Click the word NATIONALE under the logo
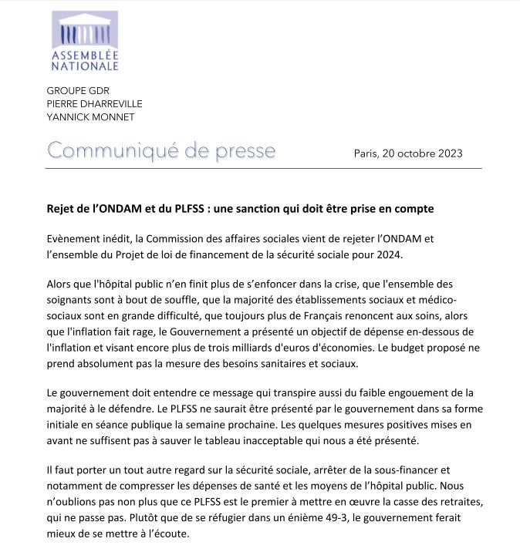pyautogui.click(x=84, y=66)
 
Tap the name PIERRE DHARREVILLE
pyautogui.click(x=95, y=103)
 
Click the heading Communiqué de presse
pyautogui.click(x=161, y=150)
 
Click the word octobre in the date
pyautogui.click(x=408, y=153)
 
